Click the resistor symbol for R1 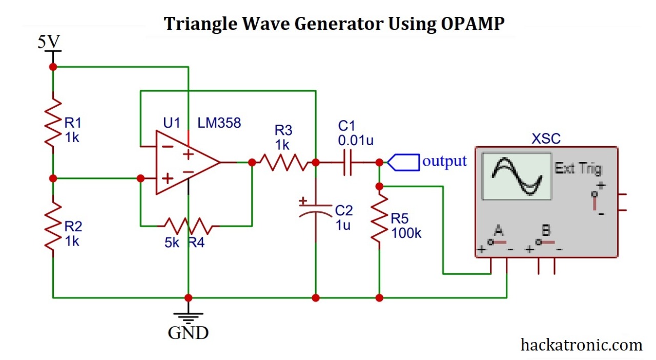click(x=53, y=123)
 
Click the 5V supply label click(x=49, y=42)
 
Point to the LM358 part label click(x=219, y=123)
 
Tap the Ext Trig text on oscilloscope click(x=578, y=169)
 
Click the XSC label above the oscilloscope click(x=546, y=138)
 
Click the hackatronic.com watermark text click(x=581, y=345)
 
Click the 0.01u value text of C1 click(x=356, y=139)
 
